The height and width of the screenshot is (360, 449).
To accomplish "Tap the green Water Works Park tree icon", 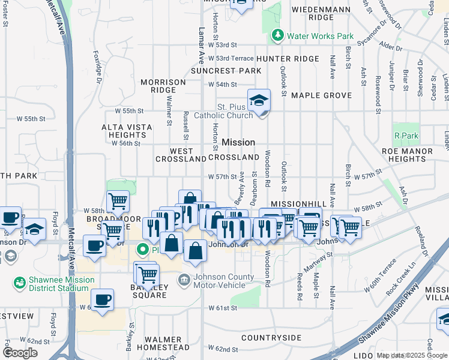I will [278, 35].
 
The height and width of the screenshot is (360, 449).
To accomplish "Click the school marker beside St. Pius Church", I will [259, 101].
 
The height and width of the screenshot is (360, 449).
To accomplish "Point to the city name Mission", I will [238, 142].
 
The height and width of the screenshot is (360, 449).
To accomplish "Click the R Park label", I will [406, 136].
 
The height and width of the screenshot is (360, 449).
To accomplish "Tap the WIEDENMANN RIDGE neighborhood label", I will [312, 13].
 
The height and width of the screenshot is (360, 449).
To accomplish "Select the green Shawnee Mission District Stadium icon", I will [19, 281].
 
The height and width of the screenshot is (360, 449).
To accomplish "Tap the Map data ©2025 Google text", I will [412, 355].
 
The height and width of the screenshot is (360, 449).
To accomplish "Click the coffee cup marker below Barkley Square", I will [102, 301].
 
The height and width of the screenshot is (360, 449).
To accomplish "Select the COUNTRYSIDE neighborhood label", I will [271, 338].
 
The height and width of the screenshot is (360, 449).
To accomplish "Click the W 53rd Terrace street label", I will [235, 58].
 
